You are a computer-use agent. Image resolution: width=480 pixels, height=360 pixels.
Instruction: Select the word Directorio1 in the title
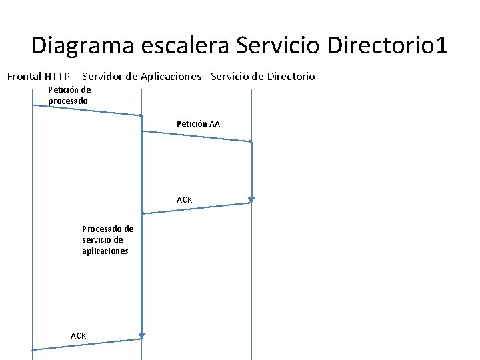(388, 47)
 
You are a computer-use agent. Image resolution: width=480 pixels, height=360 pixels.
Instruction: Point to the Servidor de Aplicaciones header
(141, 77)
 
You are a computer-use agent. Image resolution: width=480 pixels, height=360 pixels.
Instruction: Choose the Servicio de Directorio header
(263, 77)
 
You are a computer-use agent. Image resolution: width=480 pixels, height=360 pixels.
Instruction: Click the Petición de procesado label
(69, 95)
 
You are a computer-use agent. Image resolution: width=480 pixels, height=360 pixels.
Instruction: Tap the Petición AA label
(198, 124)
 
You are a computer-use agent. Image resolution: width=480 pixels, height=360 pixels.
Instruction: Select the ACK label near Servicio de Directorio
(185, 200)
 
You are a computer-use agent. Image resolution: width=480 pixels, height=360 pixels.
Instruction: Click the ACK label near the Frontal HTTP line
(78, 335)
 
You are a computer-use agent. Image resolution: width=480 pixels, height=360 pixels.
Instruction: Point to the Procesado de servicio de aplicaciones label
(107, 240)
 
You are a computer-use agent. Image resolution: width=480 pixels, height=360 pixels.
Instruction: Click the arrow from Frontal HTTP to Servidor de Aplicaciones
(87, 110)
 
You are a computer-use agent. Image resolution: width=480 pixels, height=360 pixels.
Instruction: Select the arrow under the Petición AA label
(197, 136)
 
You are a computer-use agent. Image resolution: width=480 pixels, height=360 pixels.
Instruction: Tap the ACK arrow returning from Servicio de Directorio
(197, 208)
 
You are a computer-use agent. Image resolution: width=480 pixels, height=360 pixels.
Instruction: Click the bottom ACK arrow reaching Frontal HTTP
(87, 344)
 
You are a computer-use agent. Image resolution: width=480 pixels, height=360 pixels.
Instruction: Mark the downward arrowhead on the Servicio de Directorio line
(251, 198)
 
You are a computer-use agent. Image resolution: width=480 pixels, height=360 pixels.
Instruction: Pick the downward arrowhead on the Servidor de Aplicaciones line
(142, 334)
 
